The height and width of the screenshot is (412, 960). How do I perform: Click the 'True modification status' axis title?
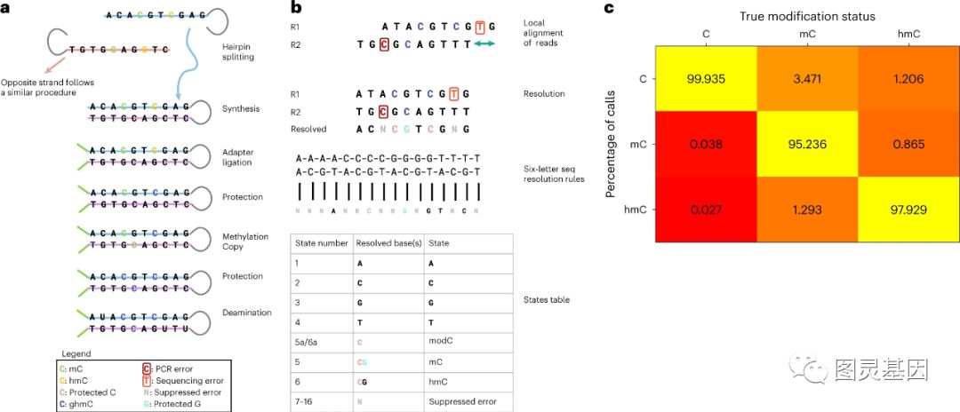point(807,16)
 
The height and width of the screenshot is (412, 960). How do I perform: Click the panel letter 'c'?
point(609,9)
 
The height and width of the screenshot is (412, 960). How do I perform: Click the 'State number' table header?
point(321,242)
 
